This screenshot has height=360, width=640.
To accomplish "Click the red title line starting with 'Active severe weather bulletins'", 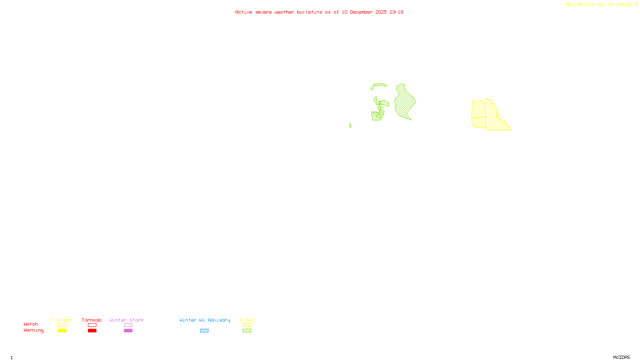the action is click(x=319, y=12).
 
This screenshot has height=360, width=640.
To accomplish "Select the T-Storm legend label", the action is click(x=62, y=320).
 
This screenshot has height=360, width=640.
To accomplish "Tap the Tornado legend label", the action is click(x=92, y=320).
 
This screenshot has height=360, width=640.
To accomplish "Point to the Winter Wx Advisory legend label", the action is click(x=205, y=320).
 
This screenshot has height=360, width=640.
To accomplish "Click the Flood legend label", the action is click(x=247, y=320).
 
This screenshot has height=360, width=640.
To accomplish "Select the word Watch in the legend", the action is click(x=31, y=324).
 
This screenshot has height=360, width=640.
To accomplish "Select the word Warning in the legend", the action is click(x=34, y=330).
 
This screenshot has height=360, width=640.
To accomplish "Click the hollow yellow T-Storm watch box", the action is click(x=62, y=325).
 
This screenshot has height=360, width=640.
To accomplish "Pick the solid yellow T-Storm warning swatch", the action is click(x=62, y=331).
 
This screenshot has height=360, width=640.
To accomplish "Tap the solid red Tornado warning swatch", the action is click(x=92, y=331).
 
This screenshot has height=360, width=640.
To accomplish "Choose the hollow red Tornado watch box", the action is click(x=92, y=325).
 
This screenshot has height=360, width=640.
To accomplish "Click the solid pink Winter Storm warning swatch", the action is click(x=128, y=331).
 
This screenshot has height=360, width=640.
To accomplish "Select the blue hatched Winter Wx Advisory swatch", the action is click(x=204, y=331).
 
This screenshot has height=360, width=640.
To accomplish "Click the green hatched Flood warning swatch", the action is click(x=247, y=331).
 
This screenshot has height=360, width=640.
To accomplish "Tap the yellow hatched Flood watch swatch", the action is click(x=247, y=325).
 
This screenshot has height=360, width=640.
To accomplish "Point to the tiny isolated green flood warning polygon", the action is click(x=350, y=126).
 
